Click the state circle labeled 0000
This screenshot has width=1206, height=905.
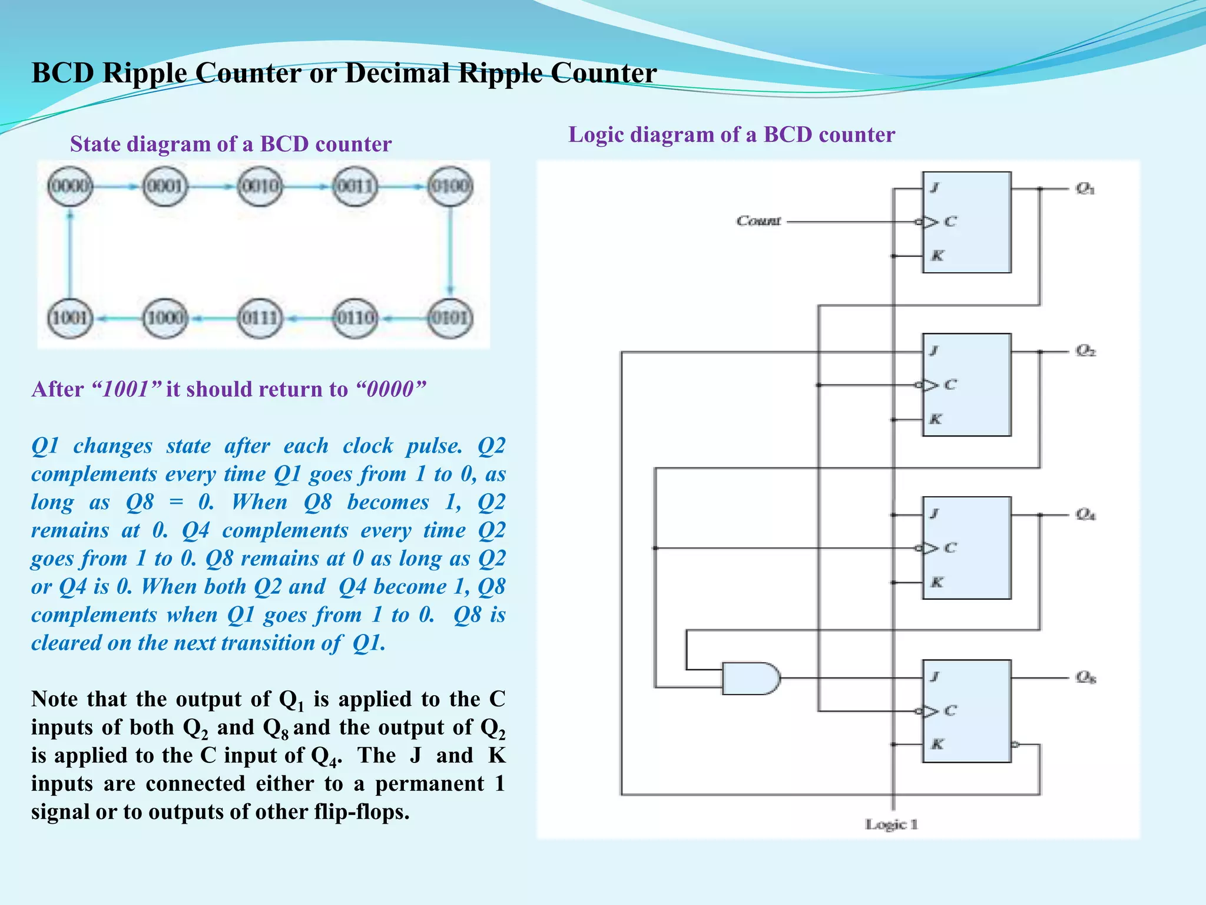point(70,186)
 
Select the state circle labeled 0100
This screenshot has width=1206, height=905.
point(450,186)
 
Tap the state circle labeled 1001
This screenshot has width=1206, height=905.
point(70,318)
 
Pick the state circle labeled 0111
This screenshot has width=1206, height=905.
point(260,318)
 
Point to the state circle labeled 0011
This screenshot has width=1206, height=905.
point(355,186)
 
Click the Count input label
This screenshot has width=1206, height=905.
point(758,221)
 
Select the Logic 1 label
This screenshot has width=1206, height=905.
point(891,824)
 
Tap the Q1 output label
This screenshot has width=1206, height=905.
point(1085,189)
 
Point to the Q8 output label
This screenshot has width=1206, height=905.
point(1085,677)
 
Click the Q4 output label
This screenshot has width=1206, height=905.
point(1085,514)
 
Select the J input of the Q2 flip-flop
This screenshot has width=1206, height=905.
point(934,351)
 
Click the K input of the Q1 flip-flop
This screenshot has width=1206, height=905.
point(937,256)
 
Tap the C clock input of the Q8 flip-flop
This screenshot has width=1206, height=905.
point(949,711)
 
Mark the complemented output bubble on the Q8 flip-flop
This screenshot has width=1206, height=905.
point(1015,745)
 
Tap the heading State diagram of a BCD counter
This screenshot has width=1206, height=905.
point(230,144)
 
